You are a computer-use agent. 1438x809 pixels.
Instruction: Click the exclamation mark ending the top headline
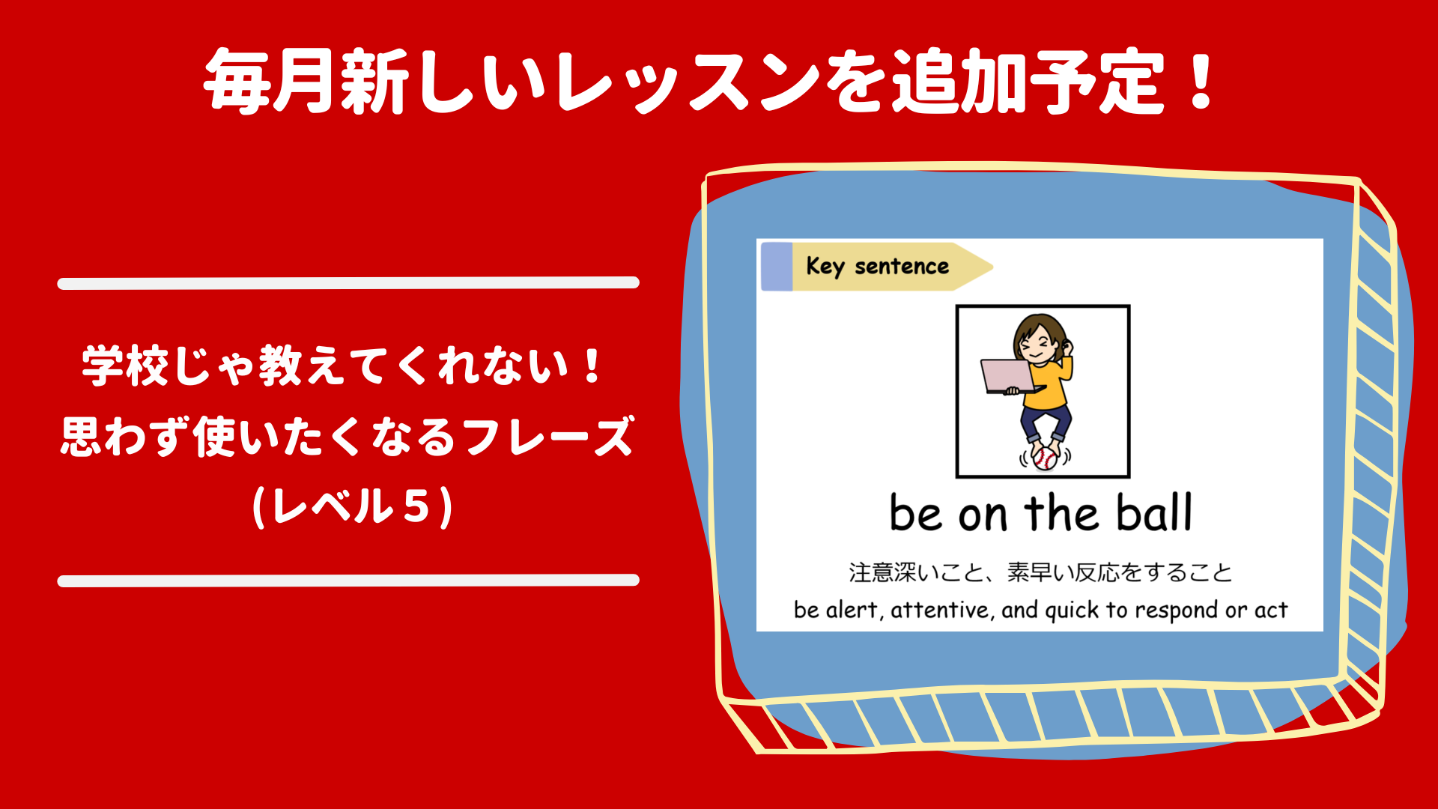pyautogui.click(x=1201, y=80)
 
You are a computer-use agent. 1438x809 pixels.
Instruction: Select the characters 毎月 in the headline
pyautogui.click(x=269, y=81)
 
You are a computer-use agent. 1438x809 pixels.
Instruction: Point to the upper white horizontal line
pyautogui.click(x=348, y=282)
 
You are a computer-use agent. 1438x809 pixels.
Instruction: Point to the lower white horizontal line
pyautogui.click(x=348, y=581)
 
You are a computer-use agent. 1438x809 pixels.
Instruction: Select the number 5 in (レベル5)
pyautogui.click(x=416, y=506)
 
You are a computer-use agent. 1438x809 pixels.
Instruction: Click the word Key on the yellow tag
pyautogui.click(x=825, y=266)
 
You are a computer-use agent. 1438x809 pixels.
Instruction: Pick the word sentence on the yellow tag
pyautogui.click(x=902, y=266)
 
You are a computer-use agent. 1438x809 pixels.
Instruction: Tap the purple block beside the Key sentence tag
pyautogui.click(x=777, y=267)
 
